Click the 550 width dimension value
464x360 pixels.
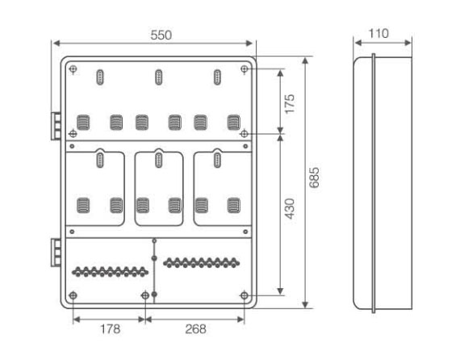(x=161, y=36)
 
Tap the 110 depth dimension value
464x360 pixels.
(x=378, y=33)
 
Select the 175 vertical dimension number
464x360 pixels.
(x=290, y=103)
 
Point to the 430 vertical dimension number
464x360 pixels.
(x=290, y=209)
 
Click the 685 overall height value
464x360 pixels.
(x=314, y=178)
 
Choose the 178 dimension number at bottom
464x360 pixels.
(x=110, y=329)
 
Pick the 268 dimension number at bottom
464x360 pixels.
(x=195, y=329)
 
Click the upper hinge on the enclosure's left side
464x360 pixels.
(x=56, y=126)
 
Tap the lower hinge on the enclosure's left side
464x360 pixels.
(x=56, y=253)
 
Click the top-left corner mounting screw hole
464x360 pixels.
(x=73, y=69)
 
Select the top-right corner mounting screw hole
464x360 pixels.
(x=245, y=69)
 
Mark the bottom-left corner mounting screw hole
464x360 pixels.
(x=73, y=295)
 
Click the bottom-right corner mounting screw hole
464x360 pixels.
(x=245, y=295)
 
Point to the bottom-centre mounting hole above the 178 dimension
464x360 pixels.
(x=145, y=295)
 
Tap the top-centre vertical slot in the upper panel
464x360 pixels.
(x=159, y=77)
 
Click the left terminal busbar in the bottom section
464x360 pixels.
(x=110, y=271)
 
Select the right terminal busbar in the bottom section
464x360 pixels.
(x=202, y=262)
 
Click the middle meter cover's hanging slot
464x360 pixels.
(x=159, y=160)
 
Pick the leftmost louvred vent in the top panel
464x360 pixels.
(x=83, y=123)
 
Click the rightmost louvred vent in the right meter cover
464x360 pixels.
(x=233, y=206)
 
